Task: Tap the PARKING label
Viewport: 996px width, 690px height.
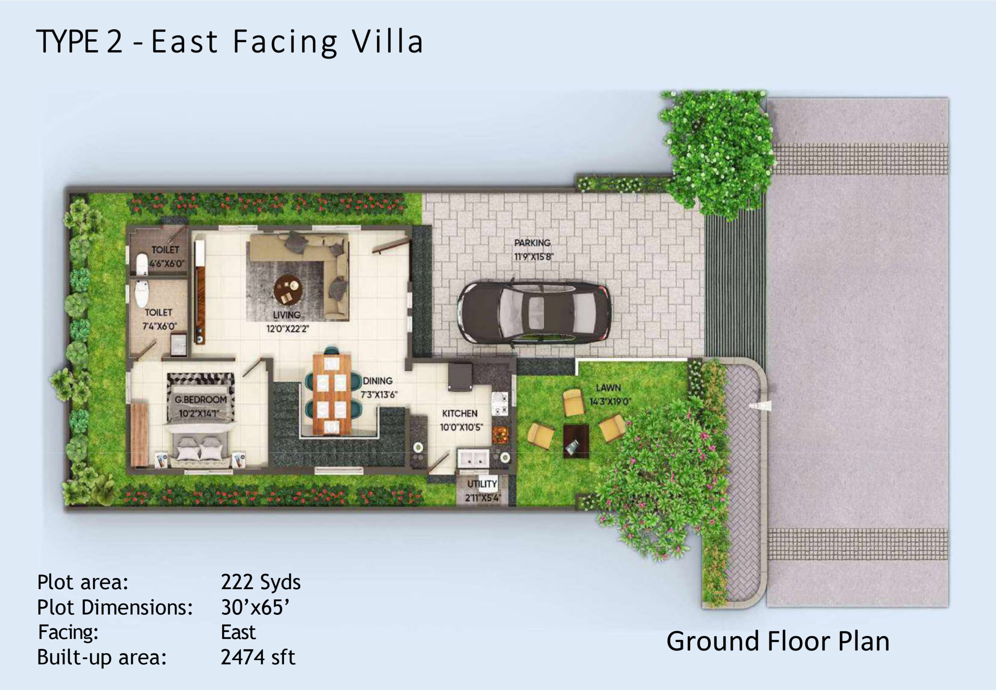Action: click(532, 243)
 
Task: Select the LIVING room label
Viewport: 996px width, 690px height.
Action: click(286, 315)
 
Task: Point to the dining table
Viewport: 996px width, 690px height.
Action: click(332, 394)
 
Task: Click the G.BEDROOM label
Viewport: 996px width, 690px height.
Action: click(200, 400)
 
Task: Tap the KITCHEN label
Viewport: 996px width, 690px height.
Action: click(460, 413)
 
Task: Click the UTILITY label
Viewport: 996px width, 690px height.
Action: click(482, 484)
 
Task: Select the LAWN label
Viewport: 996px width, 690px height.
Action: click(608, 388)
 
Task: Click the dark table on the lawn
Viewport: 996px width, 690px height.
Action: click(576, 441)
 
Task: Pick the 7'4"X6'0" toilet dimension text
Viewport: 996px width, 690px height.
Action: click(160, 327)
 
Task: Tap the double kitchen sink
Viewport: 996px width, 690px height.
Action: click(473, 459)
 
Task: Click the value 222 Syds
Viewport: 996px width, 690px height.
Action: click(261, 582)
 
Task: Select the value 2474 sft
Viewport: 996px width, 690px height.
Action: click(258, 657)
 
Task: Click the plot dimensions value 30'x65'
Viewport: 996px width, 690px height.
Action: click(255, 607)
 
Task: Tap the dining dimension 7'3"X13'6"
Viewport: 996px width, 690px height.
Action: click(379, 395)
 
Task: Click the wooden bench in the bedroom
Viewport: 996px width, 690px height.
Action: click(139, 434)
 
